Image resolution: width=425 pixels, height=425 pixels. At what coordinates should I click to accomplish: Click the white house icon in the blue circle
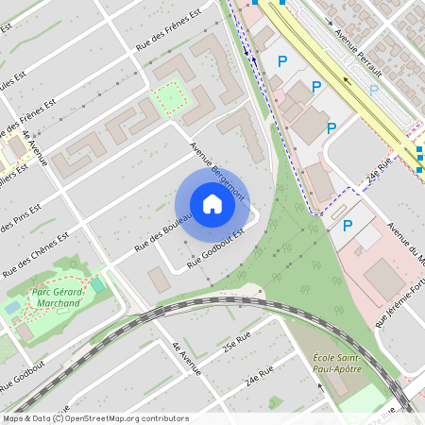click(212, 204)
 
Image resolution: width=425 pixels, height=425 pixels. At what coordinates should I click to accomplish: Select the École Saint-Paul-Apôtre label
click(337, 363)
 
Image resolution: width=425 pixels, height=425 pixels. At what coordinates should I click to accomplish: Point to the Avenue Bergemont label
click(216, 171)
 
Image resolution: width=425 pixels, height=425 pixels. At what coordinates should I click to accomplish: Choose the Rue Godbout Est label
click(216, 248)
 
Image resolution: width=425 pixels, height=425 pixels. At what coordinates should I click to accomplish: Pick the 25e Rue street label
click(236, 341)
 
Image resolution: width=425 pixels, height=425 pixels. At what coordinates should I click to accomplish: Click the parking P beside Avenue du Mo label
click(347, 226)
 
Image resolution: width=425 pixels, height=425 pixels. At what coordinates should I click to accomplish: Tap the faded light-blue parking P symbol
click(374, 91)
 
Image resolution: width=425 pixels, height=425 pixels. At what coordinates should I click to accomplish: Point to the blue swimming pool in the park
click(11, 308)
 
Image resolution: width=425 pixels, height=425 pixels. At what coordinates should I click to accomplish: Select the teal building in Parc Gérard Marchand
click(97, 285)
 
